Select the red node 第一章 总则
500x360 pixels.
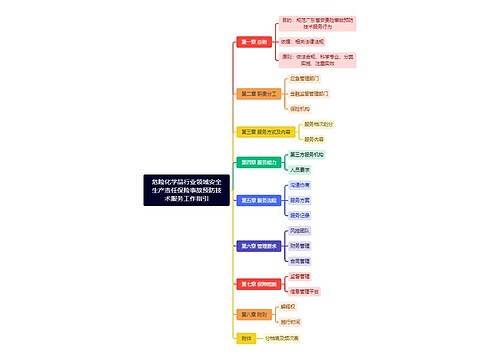[252, 42]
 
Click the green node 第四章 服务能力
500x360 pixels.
[255, 162]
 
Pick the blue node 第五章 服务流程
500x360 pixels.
[255, 200]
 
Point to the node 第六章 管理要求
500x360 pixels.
[255, 244]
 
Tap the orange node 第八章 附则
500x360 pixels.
[252, 314]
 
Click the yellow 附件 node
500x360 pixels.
[246, 338]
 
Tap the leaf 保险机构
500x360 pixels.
[300, 108]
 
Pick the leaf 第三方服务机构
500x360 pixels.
[307, 155]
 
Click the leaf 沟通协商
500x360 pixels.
[300, 185]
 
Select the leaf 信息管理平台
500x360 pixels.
[306, 291]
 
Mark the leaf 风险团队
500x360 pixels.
[300, 229]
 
